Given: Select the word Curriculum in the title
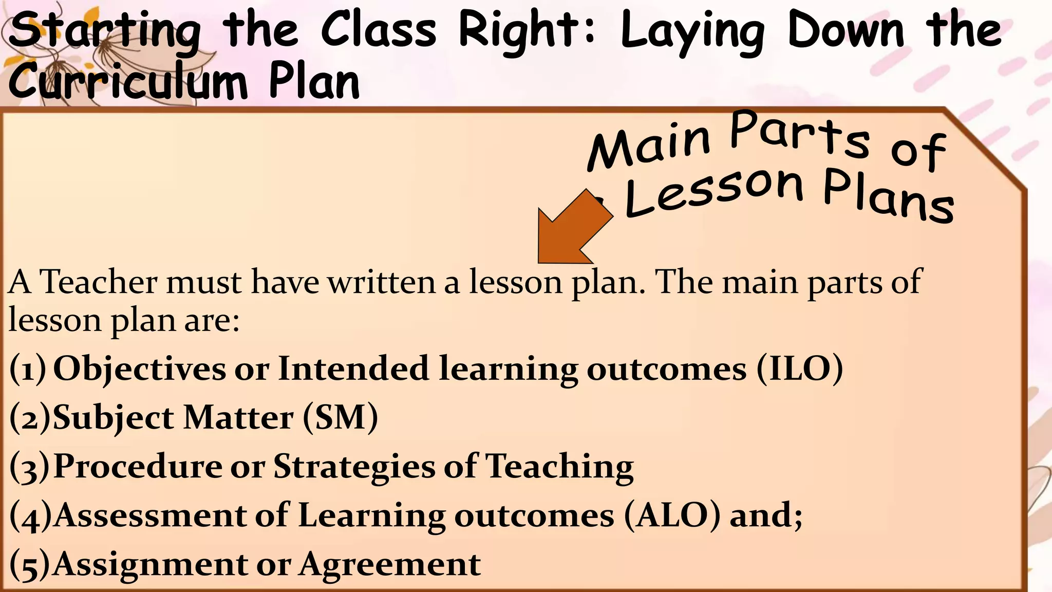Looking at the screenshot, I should coord(128,82).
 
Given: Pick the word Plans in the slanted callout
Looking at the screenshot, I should coord(889,198).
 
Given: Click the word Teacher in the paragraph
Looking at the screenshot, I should coord(98,282).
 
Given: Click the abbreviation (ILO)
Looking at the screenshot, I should coord(800,368).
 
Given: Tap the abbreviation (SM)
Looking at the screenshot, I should coord(340,417).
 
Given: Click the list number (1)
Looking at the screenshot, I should coord(28,369).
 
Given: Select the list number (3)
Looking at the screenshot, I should coord(29,467).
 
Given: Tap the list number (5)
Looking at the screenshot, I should coord(29,565).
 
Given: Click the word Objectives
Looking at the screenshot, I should coord(139,369).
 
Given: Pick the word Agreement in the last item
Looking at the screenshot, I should coord(390,565).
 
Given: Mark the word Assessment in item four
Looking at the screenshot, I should coord(149,515).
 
